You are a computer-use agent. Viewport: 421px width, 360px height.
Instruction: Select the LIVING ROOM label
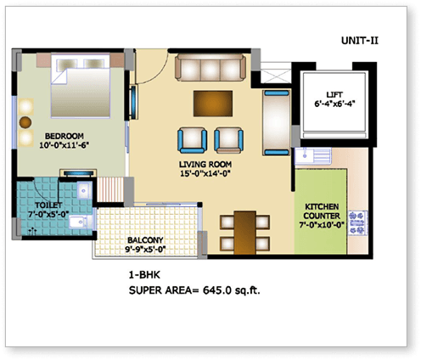point(206,165)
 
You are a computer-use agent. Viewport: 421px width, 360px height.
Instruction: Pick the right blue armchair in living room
point(228,138)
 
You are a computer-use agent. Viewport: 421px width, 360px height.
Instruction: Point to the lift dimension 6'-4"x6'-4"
point(334,106)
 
